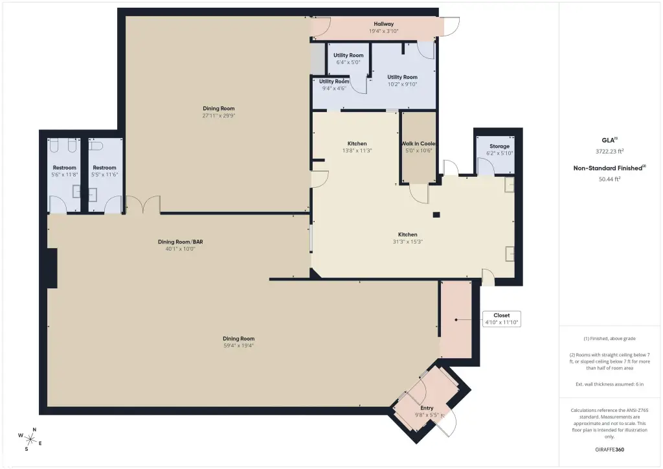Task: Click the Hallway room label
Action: tap(383, 24)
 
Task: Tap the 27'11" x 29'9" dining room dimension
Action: tap(219, 115)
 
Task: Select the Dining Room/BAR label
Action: tap(181, 242)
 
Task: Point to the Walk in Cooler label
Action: tap(419, 143)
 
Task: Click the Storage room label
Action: tap(499, 146)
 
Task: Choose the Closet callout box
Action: tap(502, 319)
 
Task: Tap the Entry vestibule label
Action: tap(427, 408)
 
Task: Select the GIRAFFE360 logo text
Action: tap(609, 450)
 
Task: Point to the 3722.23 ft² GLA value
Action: tap(609, 151)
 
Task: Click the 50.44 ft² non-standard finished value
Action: tap(609, 179)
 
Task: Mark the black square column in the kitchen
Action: tap(436, 215)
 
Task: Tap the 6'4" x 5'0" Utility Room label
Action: tap(348, 55)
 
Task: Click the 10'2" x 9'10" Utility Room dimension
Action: tap(403, 84)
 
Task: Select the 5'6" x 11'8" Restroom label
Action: tap(64, 168)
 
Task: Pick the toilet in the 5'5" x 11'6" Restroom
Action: tap(96, 146)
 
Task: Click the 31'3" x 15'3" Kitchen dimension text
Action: tap(408, 242)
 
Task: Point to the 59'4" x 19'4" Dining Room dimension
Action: tap(238, 345)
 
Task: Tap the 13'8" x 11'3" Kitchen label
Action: tap(357, 143)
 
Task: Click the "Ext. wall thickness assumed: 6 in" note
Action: tap(609, 384)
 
